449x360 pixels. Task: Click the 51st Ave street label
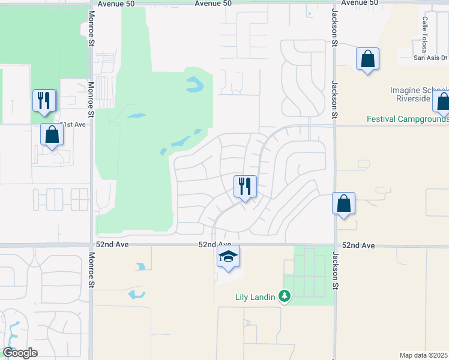pyautogui.click(x=73, y=124)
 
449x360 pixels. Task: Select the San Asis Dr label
pyautogui.click(x=431, y=58)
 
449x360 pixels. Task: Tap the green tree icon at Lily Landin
pyautogui.click(x=285, y=296)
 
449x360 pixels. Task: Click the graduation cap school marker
pyautogui.click(x=228, y=257)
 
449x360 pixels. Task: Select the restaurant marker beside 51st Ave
pyautogui.click(x=44, y=100)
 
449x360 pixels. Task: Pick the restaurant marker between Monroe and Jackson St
pyautogui.click(x=244, y=187)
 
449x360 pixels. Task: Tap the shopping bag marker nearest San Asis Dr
pyautogui.click(x=367, y=59)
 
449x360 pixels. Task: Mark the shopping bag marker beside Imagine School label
pyautogui.click(x=443, y=103)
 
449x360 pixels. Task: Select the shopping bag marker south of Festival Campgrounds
pyautogui.click(x=343, y=204)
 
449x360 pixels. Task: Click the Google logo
pyautogui.click(x=20, y=353)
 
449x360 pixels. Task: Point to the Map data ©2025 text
pyautogui.click(x=423, y=355)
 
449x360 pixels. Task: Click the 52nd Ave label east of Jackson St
pyautogui.click(x=358, y=246)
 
